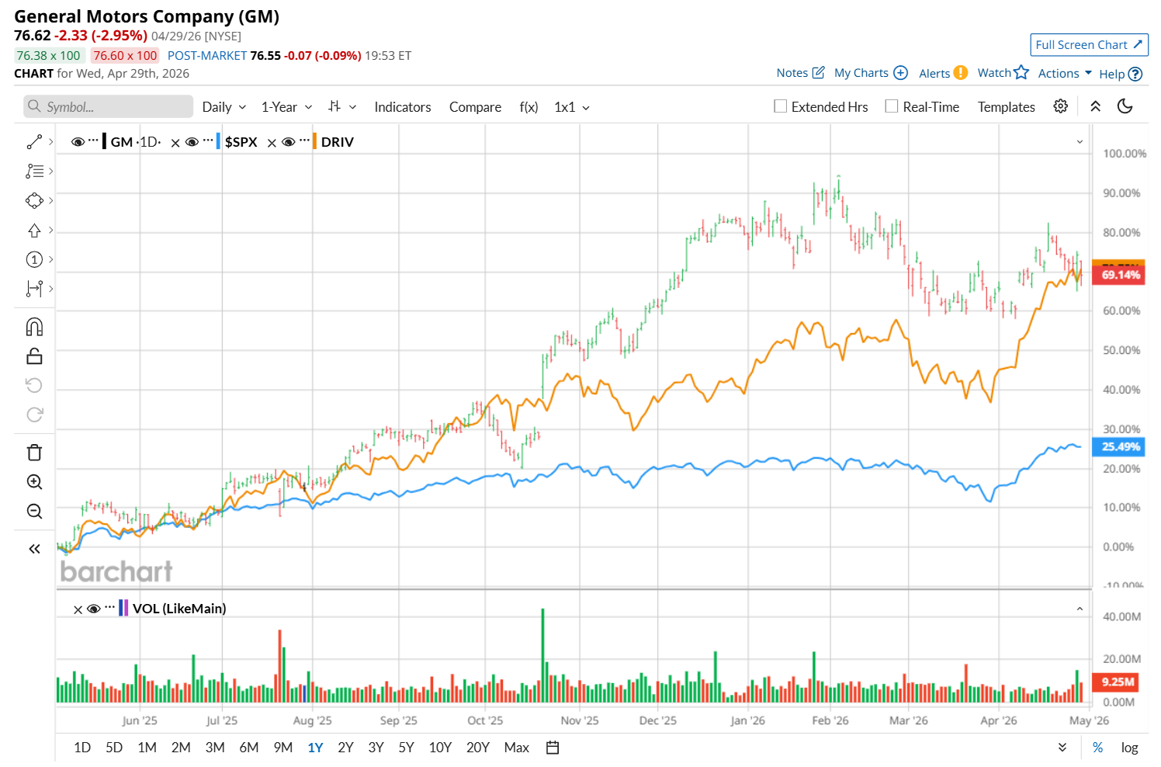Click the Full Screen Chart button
pos(1088,45)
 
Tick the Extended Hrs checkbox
pos(781,106)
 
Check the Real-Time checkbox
pos(892,106)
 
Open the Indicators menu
pos(402,107)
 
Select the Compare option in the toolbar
pos(475,107)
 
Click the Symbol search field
pos(109,107)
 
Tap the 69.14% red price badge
pos(1120,275)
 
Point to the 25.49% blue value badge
pos(1120,446)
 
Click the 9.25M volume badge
pos(1118,682)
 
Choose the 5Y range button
pos(406,748)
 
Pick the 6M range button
pos(248,748)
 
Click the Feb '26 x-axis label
pos(830,720)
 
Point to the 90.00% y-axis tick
pos(1121,193)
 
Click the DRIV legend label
pos(337,142)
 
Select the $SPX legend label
pos(241,142)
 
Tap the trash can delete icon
pos(34,453)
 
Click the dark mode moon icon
pos(1125,106)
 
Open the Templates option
pos(1006,107)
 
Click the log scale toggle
pos(1129,748)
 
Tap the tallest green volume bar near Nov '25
pos(542,656)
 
